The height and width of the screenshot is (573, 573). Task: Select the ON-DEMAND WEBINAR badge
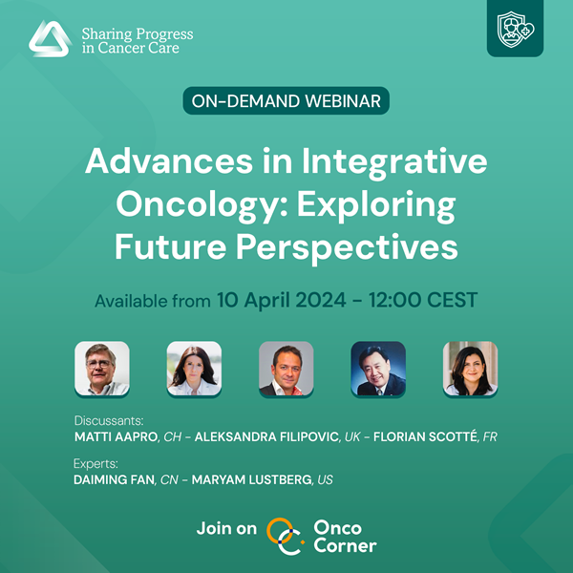pyautogui.click(x=286, y=101)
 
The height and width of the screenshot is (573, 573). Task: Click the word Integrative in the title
pyautogui.click(x=394, y=162)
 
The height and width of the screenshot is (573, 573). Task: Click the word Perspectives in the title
pyautogui.click(x=347, y=247)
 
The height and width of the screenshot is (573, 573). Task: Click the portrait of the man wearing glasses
pyautogui.click(x=102, y=369)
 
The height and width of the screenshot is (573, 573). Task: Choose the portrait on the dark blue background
pyautogui.click(x=378, y=369)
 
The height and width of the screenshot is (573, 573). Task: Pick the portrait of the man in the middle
pyautogui.click(x=286, y=369)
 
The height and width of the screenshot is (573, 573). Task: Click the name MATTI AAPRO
pyautogui.click(x=117, y=436)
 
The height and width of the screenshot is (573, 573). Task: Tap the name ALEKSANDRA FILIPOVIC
pyautogui.click(x=266, y=436)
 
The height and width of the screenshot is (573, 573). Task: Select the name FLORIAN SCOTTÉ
pyautogui.click(x=425, y=436)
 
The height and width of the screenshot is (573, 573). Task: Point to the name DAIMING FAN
pyautogui.click(x=114, y=479)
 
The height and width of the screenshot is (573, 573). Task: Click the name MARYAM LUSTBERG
pyautogui.click(x=252, y=479)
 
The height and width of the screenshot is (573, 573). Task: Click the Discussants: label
pyautogui.click(x=109, y=420)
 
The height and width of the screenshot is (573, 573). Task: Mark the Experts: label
pyautogui.click(x=95, y=464)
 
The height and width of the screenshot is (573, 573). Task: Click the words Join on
pyautogui.click(x=226, y=528)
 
